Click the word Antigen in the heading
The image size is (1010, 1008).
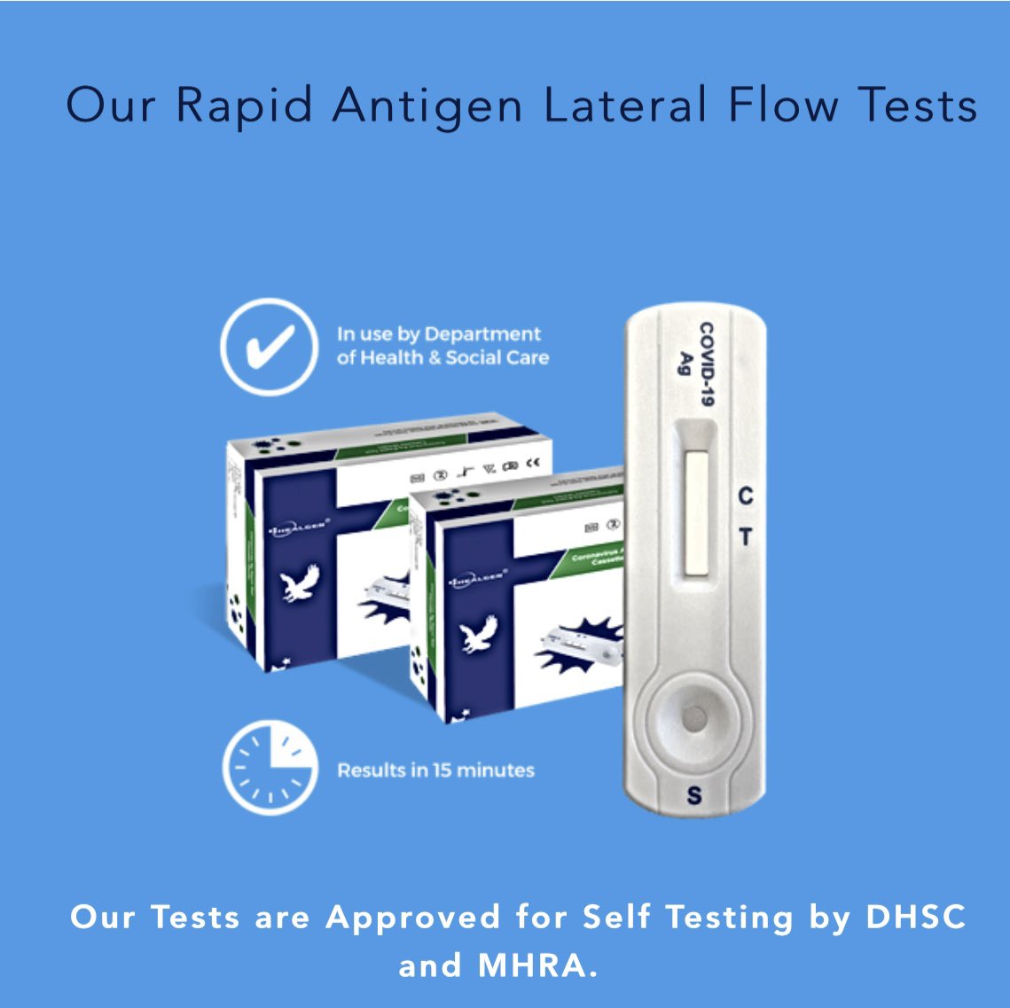coord(428,106)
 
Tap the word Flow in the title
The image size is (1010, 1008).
coord(783,105)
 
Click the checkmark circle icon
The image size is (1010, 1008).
coord(268,345)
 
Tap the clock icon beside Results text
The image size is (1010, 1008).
coord(270,767)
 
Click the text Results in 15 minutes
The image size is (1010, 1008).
coord(435,770)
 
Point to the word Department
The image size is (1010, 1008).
coord(482,334)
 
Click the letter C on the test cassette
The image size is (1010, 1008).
coord(746,496)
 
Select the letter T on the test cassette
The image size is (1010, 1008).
coord(746,537)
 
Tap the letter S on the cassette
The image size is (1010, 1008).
coord(693,795)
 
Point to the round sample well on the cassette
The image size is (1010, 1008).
coord(694,718)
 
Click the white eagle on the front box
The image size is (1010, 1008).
coord(478,634)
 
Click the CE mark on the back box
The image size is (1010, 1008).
coord(533,461)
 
